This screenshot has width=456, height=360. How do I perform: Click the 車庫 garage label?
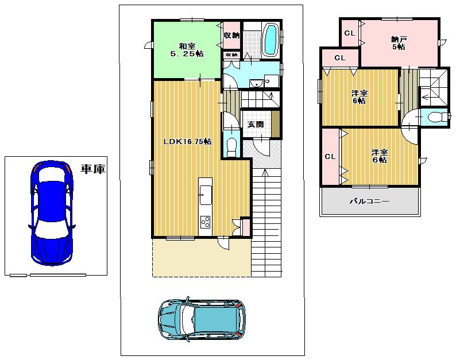(x=92, y=169)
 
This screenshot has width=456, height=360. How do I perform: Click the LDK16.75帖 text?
(x=187, y=141)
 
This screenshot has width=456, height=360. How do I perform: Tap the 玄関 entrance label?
(x=256, y=125)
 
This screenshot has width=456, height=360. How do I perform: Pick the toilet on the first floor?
(x=231, y=146)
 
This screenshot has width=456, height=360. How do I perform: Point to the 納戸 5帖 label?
(x=399, y=43)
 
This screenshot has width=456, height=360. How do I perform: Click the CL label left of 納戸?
(x=349, y=33)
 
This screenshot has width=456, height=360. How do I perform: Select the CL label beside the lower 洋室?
(x=330, y=157)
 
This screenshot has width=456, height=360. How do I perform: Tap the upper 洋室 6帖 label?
(x=360, y=97)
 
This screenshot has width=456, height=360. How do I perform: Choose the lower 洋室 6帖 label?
(x=379, y=156)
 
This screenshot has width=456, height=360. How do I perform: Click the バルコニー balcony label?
(x=370, y=202)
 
